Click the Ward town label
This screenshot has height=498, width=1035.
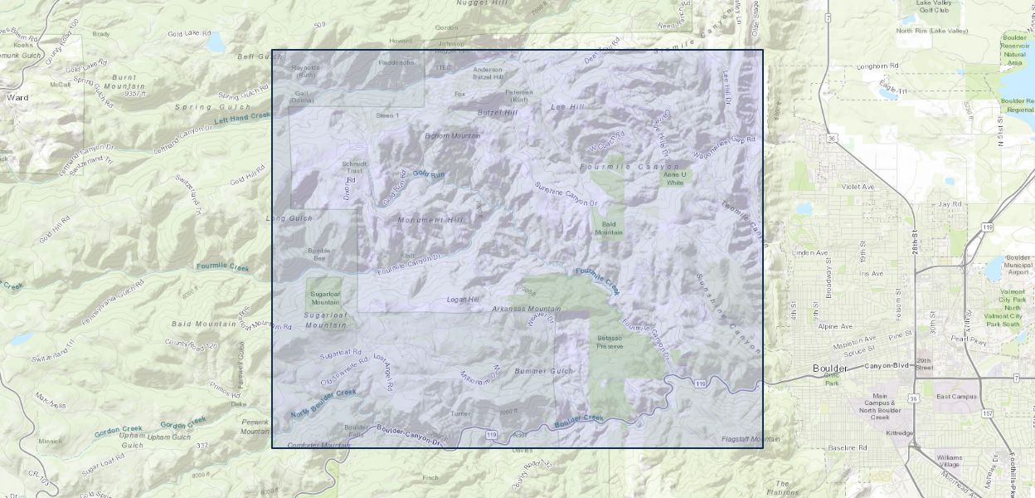point(17,97)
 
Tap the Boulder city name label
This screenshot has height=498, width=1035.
point(829,368)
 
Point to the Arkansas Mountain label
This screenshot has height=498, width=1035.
point(526,309)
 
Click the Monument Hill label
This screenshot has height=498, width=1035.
point(430,220)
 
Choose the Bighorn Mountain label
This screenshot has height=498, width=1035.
point(452,135)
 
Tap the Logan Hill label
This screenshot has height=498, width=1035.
point(463,299)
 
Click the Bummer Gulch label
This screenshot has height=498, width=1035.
point(543,370)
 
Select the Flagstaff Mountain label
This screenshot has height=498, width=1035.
point(751,438)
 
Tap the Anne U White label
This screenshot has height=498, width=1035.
point(674,178)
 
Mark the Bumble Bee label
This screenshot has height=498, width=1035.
point(318,254)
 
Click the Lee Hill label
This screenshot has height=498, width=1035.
point(567,107)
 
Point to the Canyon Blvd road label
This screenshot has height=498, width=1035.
point(887,365)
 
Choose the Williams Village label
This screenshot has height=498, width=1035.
point(950,461)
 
